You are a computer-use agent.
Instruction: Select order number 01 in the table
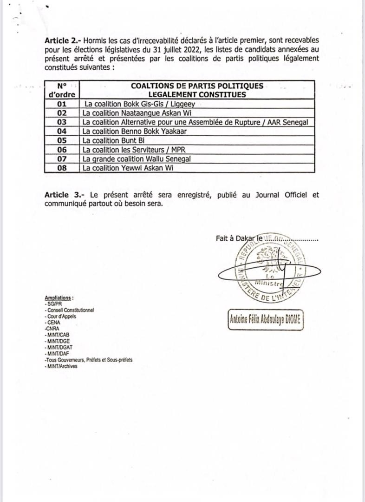(62, 104)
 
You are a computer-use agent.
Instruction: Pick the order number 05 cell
(62, 140)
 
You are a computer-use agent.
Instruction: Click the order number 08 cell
(62, 168)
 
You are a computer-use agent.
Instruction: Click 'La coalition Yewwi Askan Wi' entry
(128, 168)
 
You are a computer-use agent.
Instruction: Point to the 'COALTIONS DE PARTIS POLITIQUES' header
(197, 86)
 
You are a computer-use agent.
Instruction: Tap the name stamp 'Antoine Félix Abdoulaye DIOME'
(266, 320)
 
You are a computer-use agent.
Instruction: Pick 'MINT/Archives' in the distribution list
(62, 366)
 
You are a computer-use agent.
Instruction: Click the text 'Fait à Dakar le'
(239, 238)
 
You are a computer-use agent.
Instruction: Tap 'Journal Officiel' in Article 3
(278, 195)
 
